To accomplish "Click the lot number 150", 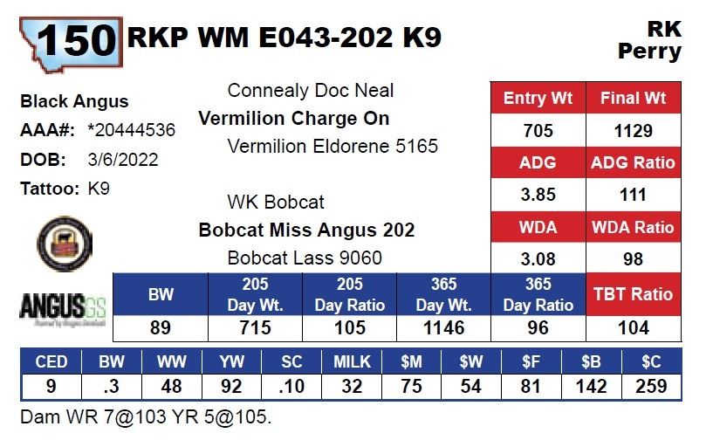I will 77,39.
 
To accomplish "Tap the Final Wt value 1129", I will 633,131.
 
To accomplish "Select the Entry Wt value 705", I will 538,131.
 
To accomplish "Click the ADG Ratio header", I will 633,162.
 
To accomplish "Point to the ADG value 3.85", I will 538,195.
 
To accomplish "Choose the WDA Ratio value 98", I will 633,259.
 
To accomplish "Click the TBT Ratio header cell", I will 633,294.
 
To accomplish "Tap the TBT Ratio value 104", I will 633,328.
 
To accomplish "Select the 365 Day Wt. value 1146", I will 443,328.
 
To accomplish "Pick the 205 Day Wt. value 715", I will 256,328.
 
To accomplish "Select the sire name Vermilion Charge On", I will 294,119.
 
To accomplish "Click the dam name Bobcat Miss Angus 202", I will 306,230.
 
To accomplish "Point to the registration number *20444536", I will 132,131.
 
